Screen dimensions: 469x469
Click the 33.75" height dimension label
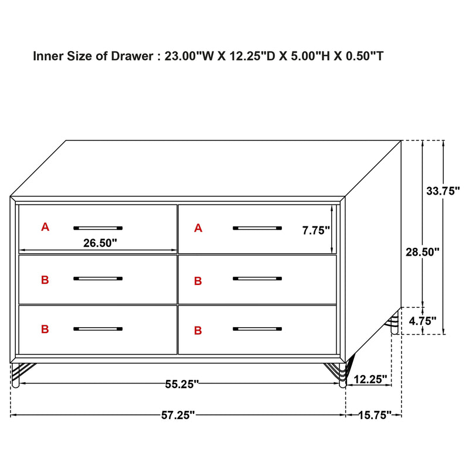[x=443, y=191]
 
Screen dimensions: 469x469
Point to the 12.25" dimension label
[x=372, y=380]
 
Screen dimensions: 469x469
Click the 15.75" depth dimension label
[x=374, y=415]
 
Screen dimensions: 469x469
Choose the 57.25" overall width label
[x=178, y=415]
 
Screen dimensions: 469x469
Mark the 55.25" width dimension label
[x=182, y=384]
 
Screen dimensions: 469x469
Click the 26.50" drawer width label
[x=100, y=242]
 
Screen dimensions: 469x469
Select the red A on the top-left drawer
[x=45, y=227]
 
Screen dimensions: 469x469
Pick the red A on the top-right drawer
[x=198, y=228]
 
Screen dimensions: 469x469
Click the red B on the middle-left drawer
[x=45, y=280]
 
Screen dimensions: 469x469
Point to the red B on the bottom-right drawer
[x=198, y=331]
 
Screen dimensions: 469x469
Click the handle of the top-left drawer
[x=98, y=227]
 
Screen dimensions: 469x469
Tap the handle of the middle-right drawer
[x=257, y=278]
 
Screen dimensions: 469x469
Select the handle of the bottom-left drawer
[x=98, y=329]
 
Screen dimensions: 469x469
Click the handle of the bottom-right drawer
[x=257, y=329]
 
